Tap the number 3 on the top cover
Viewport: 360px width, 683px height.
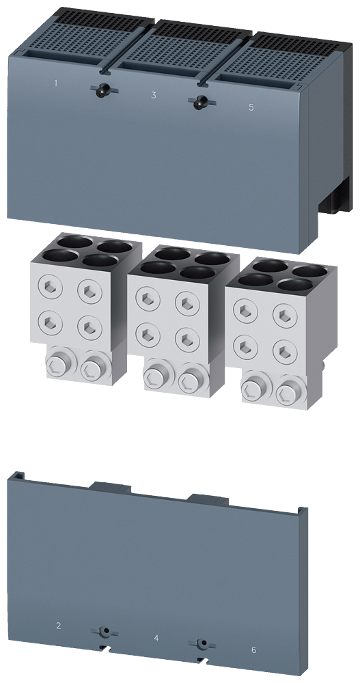point(153,95)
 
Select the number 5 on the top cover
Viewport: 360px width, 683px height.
point(251,107)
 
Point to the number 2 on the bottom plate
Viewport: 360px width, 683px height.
point(59,625)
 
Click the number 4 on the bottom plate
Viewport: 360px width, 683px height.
point(156,638)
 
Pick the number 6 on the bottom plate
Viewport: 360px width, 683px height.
point(253,650)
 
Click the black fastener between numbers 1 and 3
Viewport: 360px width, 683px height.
point(103,89)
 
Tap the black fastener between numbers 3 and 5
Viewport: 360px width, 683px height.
point(200,102)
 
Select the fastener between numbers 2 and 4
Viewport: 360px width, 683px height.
point(104,630)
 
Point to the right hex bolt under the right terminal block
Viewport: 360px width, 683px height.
point(287,393)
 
